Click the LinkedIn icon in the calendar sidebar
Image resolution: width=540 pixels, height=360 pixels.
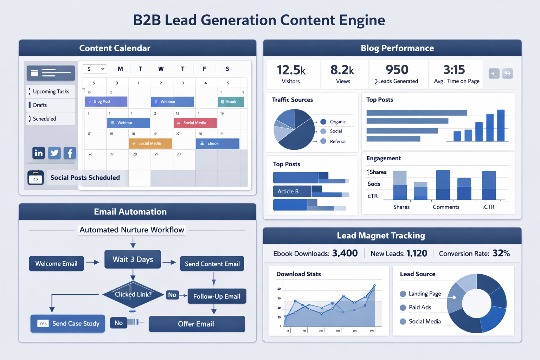tap(39, 153)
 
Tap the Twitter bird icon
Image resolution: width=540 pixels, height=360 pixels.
tap(54, 153)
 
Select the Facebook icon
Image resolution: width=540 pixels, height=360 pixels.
tap(70, 153)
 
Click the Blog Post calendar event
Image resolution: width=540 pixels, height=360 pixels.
tap(106, 102)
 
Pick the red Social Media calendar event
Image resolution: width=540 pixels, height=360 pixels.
tap(195, 123)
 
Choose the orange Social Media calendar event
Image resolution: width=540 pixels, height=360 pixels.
tap(150, 143)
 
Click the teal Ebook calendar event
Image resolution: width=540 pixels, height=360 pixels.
tap(231, 102)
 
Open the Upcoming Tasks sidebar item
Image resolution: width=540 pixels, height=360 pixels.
tap(51, 91)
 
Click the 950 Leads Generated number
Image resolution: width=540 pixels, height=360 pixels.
tap(397, 70)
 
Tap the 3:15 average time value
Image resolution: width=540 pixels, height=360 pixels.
tap(454, 70)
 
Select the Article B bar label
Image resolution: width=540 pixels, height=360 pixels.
tap(288, 192)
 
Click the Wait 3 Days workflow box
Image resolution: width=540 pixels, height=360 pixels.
tap(133, 259)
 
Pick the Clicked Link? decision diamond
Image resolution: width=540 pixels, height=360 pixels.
tap(133, 295)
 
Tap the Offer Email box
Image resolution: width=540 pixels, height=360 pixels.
tap(197, 324)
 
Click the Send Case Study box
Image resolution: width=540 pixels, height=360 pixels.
tap(68, 323)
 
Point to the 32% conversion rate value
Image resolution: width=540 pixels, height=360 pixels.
tap(501, 253)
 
